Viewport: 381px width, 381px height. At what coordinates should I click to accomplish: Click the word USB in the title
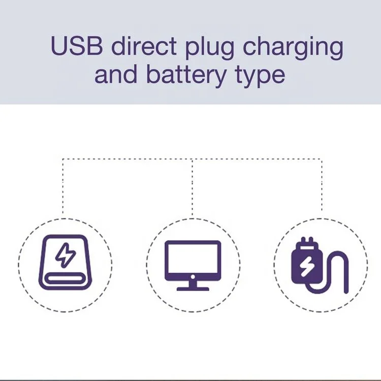click(x=77, y=47)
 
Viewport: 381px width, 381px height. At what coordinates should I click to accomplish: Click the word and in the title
click(x=116, y=75)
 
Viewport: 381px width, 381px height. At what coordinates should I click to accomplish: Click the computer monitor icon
click(x=193, y=265)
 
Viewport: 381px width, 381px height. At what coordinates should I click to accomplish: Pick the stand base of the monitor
click(x=193, y=288)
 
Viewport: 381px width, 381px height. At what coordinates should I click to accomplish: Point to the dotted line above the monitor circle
click(x=192, y=188)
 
